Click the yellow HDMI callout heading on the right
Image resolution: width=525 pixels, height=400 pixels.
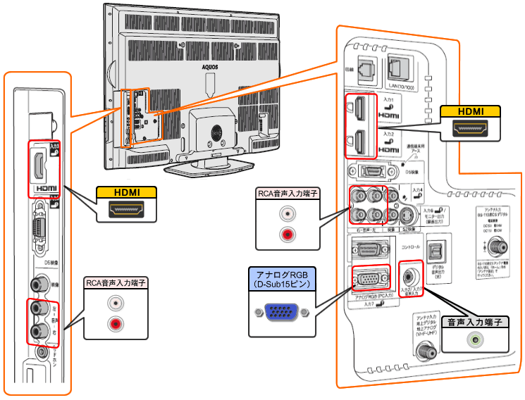(x=469, y=111)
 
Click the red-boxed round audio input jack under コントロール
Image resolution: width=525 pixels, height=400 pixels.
(x=409, y=271)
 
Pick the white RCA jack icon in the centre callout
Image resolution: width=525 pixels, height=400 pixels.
(x=285, y=212)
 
